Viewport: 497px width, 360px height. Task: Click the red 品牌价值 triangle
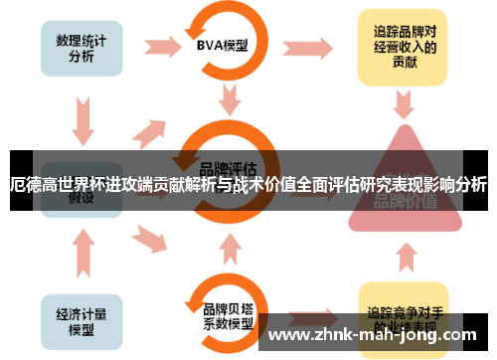(403, 189)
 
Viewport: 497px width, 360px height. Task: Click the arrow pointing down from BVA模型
(231, 99)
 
